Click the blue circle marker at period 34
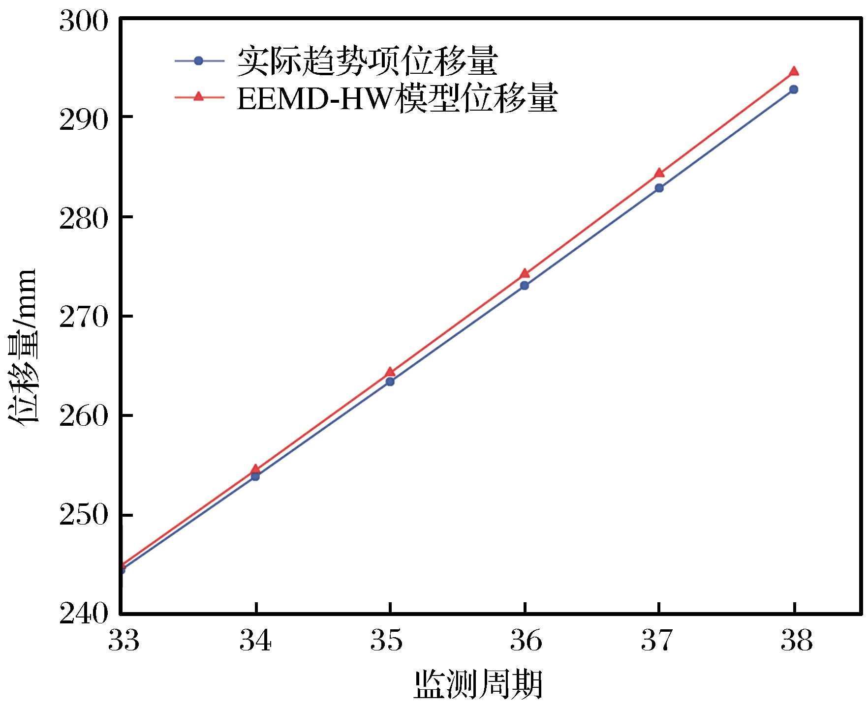tap(255, 476)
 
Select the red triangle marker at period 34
tap(255, 469)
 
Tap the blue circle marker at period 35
tap(390, 381)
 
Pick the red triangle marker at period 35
tap(390, 372)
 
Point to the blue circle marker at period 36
tap(525, 285)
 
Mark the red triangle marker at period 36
tap(525, 273)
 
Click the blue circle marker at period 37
tap(659, 188)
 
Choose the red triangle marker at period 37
tap(659, 173)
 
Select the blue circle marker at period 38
tap(794, 89)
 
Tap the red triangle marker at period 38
tap(794, 72)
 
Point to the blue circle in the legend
tap(199, 61)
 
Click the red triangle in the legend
tap(199, 96)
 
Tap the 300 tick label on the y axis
tap(83, 22)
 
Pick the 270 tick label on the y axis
tap(83, 317)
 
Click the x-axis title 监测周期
tap(478, 684)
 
